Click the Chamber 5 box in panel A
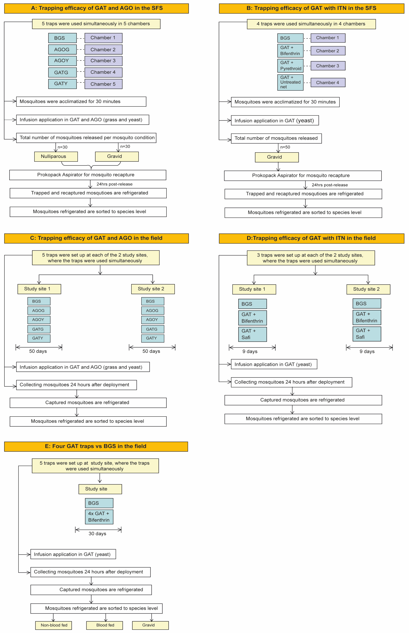[x=103, y=84]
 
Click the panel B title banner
[x=311, y=8]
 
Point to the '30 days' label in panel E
[x=97, y=534]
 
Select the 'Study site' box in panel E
[x=100, y=489]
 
